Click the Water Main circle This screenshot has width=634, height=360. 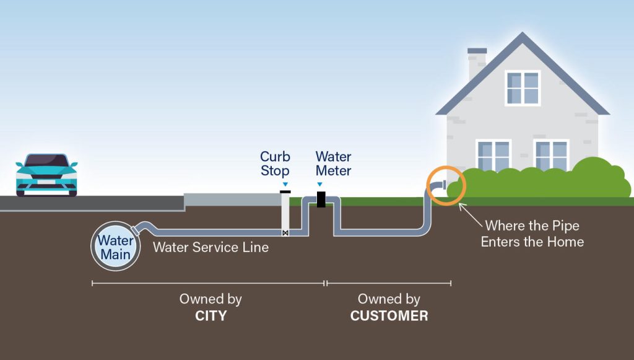click(x=115, y=246)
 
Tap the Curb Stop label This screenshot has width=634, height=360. click(x=275, y=164)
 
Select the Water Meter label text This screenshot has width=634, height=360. click(x=333, y=164)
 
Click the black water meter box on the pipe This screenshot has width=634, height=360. click(x=321, y=200)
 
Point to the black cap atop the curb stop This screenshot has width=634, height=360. click(x=285, y=192)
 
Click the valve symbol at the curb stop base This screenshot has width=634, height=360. click(x=285, y=233)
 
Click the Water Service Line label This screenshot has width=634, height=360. click(x=211, y=247)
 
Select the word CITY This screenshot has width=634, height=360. click(x=211, y=316)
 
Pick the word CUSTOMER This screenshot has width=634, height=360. click(x=389, y=316)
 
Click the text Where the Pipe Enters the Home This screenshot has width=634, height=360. click(x=532, y=234)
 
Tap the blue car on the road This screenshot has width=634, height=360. click(x=46, y=174)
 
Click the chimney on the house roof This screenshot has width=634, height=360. click(x=477, y=62)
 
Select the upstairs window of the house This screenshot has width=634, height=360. click(x=523, y=88)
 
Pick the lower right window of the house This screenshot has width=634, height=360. click(x=551, y=156)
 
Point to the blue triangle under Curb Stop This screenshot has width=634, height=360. click(x=285, y=184)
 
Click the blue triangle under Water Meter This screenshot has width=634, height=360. click(x=319, y=184)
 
